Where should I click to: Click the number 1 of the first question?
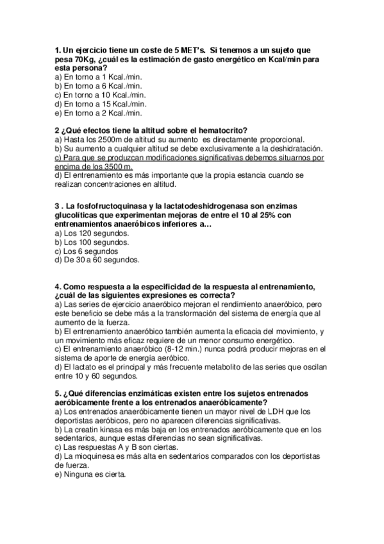[58, 49]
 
